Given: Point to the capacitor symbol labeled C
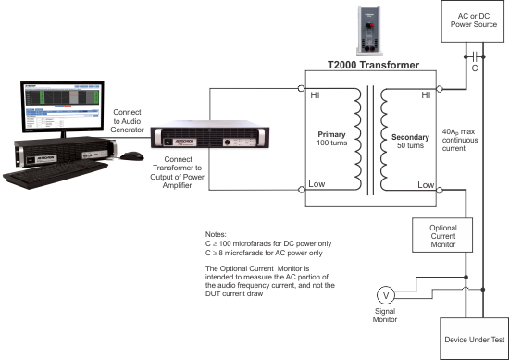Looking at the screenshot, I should click(x=473, y=54).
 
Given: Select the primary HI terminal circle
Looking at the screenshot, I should click(x=302, y=89).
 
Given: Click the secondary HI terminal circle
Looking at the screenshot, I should click(x=440, y=89).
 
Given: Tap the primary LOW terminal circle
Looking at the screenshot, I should click(x=302, y=190).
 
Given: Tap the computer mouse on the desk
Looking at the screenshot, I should click(x=135, y=155).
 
